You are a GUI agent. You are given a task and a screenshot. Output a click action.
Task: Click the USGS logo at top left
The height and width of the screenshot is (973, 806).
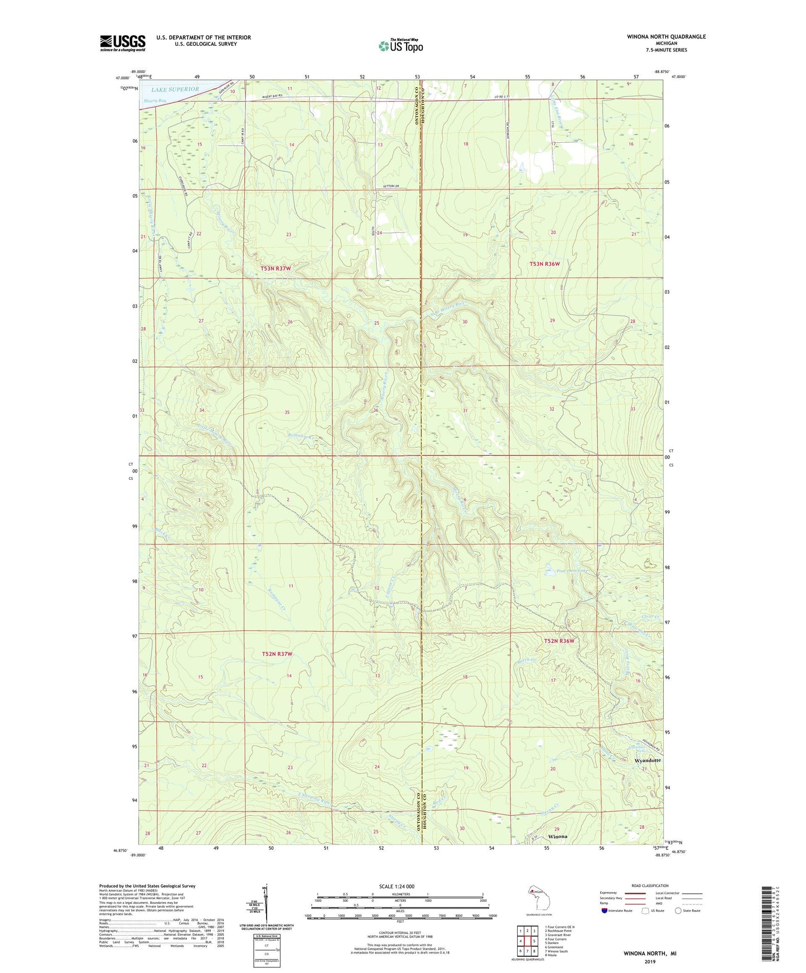pos(123,43)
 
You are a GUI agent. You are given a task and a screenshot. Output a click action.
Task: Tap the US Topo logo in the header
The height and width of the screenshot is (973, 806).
pos(400,46)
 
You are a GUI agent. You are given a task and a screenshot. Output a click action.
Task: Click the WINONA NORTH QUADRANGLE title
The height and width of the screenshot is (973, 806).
pos(666,37)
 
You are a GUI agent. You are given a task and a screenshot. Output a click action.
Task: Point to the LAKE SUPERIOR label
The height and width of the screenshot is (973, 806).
pos(175,89)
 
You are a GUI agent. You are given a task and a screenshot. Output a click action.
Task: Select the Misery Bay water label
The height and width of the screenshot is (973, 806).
pos(155,101)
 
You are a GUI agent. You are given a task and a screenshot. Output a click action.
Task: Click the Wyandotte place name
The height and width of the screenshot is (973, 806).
pos(648,760)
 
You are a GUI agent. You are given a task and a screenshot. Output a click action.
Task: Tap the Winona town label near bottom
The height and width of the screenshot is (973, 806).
pos(557,836)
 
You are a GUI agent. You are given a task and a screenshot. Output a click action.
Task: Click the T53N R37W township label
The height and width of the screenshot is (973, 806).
pos(276,269)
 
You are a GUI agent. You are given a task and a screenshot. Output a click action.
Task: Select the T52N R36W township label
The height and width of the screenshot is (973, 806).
pos(559,641)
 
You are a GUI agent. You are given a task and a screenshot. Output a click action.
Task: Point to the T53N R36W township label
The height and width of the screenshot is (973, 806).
pos(544,264)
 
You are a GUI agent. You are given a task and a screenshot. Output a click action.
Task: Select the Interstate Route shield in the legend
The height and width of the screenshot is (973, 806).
pos(605,911)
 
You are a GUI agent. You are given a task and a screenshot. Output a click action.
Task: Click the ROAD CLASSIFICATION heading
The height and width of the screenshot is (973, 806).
pos(650,886)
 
